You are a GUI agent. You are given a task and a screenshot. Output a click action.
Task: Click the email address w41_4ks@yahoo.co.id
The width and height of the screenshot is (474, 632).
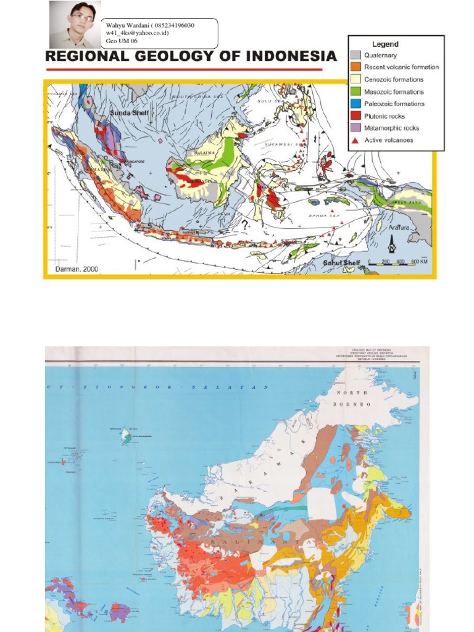coord(137,33)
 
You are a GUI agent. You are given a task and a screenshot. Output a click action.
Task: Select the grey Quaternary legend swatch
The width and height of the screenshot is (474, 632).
coord(355,55)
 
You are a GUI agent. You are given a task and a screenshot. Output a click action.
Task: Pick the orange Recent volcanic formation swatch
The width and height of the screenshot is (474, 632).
coord(355,67)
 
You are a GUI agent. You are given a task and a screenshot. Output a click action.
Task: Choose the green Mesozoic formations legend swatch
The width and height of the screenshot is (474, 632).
coord(355,92)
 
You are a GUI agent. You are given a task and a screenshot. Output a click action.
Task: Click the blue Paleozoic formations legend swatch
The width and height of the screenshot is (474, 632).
coord(355,104)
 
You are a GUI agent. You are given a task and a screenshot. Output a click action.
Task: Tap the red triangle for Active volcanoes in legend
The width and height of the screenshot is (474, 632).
coord(355,140)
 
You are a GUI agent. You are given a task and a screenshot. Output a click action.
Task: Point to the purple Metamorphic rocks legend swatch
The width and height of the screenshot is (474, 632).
coord(355,128)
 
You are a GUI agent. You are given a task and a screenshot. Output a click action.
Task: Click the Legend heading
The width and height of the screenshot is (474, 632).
coord(385,44)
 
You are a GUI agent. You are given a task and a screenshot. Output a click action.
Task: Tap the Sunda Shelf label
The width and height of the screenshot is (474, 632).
coord(130,114)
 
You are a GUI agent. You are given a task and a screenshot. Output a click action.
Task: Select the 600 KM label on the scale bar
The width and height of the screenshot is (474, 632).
coord(419,262)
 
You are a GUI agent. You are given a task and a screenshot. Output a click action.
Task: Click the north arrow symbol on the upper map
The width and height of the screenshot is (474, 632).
coord(391,247)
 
